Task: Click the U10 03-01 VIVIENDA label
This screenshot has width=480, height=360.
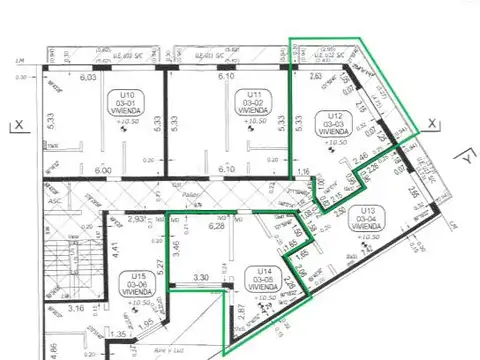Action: point(127,104)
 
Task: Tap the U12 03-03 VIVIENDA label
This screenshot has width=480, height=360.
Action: point(331,123)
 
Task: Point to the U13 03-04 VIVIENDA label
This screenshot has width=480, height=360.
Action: point(368,218)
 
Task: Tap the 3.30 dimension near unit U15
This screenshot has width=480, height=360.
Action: point(200,277)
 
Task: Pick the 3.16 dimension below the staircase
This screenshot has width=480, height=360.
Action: point(77,309)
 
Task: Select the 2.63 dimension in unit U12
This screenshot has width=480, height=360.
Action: point(316,75)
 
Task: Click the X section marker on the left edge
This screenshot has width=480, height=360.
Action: point(16,125)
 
